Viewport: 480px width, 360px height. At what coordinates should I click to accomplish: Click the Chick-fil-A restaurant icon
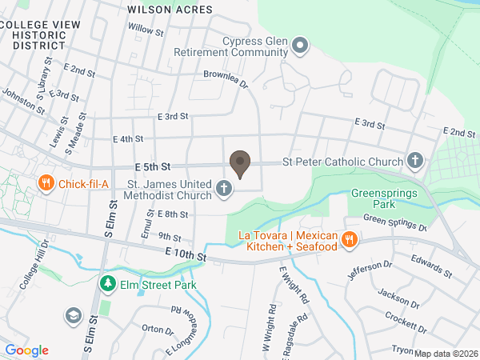point(46,183)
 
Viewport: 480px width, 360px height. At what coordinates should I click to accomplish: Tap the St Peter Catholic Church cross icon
point(415,162)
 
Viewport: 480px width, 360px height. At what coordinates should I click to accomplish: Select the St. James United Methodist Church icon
point(225,190)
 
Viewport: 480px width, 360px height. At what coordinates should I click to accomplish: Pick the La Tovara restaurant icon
point(349,239)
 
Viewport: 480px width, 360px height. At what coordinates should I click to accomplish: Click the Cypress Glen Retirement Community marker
point(300,46)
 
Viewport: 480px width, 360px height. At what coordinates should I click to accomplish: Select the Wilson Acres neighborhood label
point(170,10)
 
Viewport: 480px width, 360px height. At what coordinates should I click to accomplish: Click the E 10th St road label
point(186,254)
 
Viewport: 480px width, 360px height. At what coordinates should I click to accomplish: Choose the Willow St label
point(146,31)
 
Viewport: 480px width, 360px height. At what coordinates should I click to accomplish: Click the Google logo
point(26,350)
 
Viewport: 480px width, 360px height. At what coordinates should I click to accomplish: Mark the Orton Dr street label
point(158,329)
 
